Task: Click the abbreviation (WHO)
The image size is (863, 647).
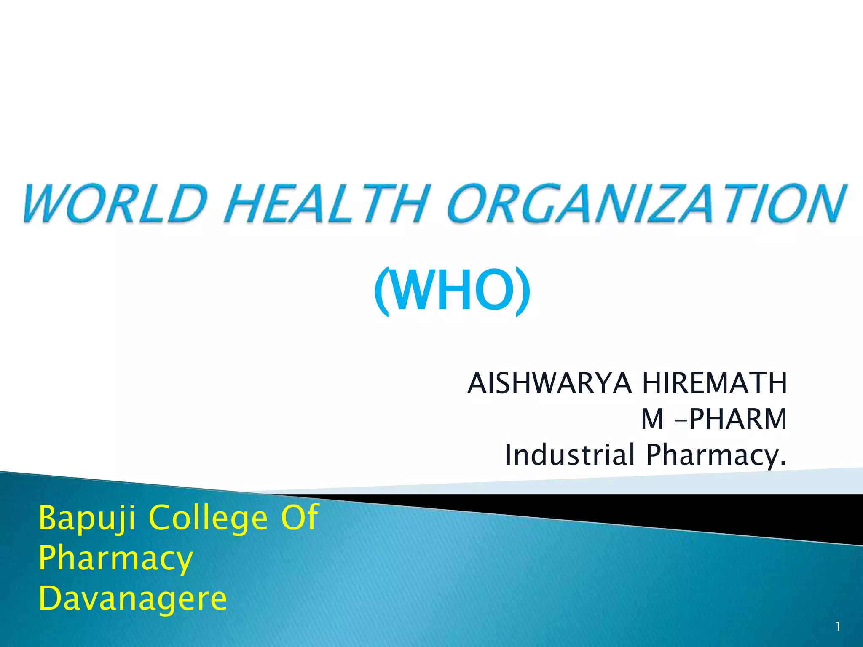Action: (x=452, y=291)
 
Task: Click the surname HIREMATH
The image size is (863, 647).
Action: (x=714, y=384)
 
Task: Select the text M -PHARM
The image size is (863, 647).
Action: (x=714, y=420)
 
